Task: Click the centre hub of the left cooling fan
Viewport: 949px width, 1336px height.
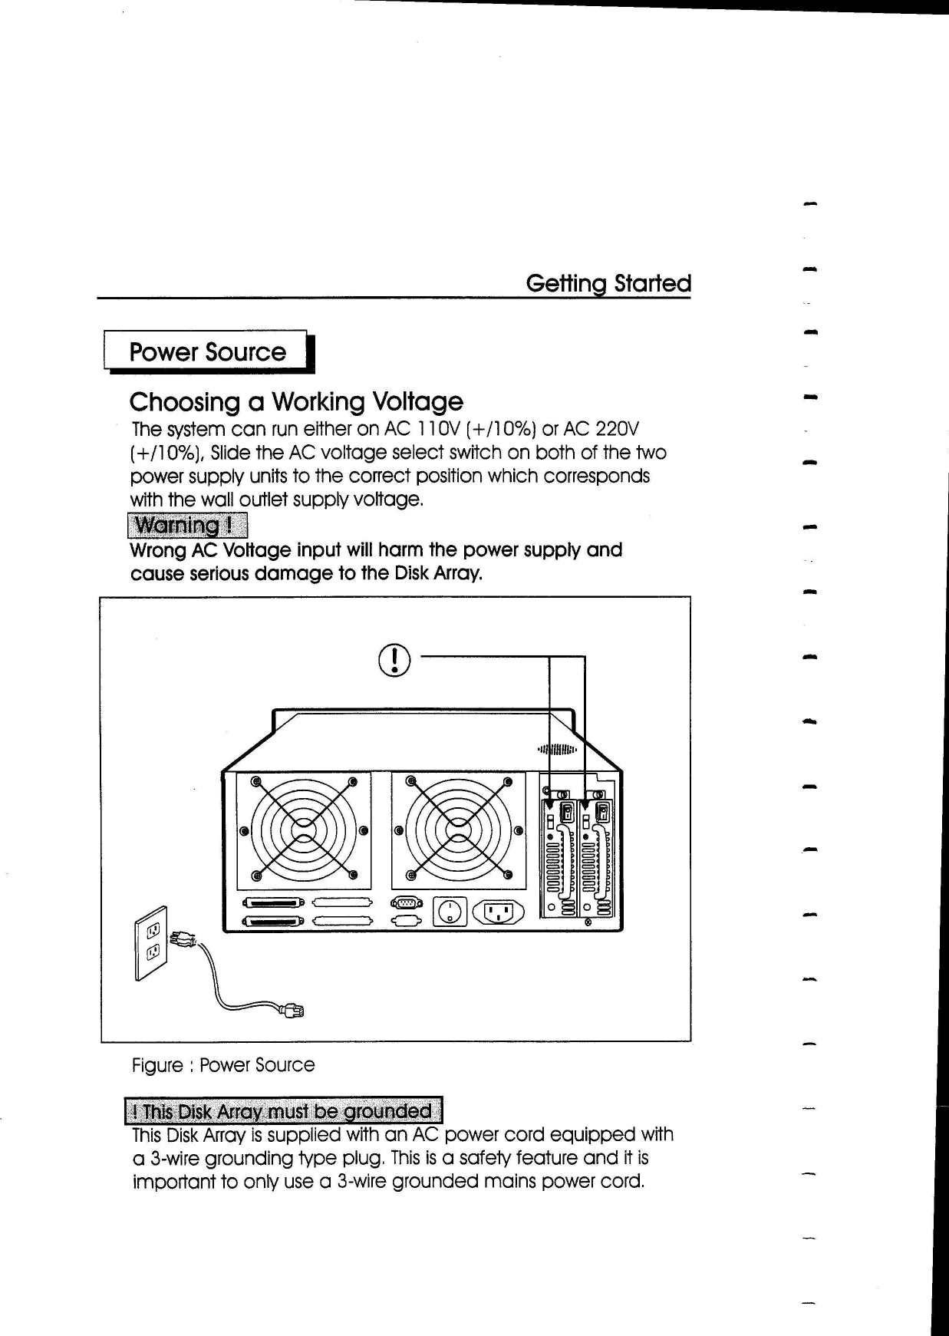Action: [x=304, y=830]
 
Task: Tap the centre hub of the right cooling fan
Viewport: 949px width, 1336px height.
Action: [x=459, y=830]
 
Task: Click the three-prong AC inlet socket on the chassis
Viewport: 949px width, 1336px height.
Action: [x=499, y=911]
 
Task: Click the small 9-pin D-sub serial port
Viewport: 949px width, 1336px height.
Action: [x=406, y=902]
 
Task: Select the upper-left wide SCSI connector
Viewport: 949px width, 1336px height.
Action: [x=274, y=902]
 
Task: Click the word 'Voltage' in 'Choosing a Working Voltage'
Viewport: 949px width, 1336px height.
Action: [x=417, y=401]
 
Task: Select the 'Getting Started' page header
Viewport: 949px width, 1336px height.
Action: [x=608, y=283]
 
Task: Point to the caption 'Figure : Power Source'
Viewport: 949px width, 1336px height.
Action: [x=223, y=1065]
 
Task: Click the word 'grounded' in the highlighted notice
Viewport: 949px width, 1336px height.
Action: [x=387, y=1111]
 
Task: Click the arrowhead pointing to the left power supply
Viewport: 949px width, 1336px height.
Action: [x=549, y=804]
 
